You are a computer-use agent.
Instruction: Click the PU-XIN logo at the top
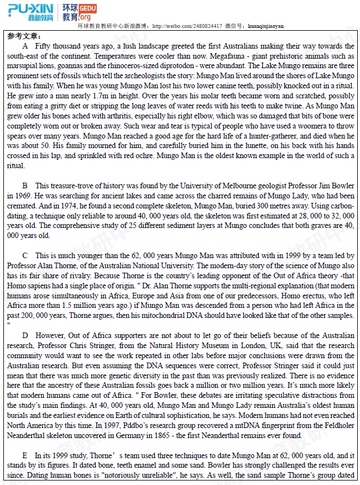click(31, 12)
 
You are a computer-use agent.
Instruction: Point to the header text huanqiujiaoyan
click(265, 26)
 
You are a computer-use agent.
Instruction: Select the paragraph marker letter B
click(25, 186)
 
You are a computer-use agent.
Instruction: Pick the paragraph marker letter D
click(25, 336)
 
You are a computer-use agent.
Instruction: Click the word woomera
click(305, 126)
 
